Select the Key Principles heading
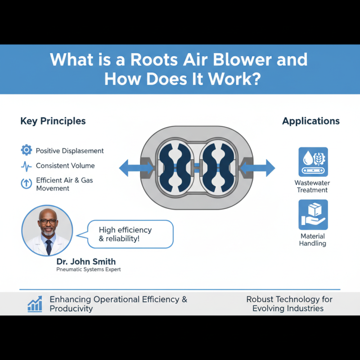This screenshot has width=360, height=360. tap(53, 121)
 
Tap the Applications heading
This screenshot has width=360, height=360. tap(311, 121)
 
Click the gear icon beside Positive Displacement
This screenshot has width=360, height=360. tap(27, 150)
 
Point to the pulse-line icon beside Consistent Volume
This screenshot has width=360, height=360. tap(27, 166)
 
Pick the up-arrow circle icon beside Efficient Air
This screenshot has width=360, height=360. tap(27, 184)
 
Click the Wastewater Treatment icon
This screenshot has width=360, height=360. tap(313, 162)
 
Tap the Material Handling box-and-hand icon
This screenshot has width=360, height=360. tap(313, 215)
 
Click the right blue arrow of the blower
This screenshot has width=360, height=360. tap(260, 168)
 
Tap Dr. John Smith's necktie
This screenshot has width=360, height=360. tap(48, 247)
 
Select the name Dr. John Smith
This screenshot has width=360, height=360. tap(86, 261)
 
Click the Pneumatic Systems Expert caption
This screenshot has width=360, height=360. tap(89, 270)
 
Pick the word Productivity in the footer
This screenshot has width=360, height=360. tap(71, 309)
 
